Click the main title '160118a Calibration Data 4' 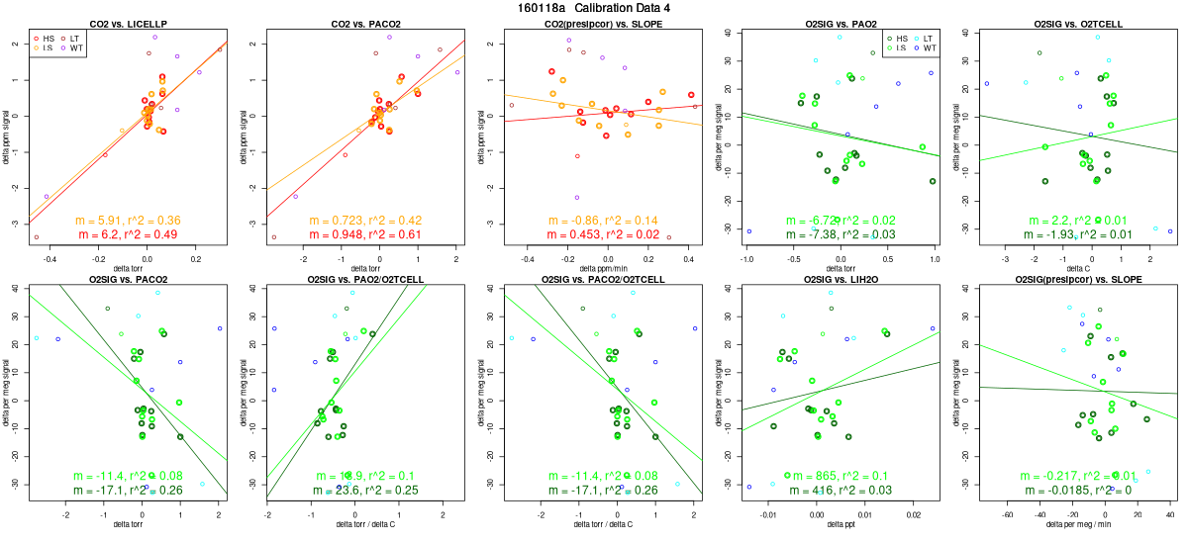tap(593, 8)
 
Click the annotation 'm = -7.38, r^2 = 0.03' tap(835, 233)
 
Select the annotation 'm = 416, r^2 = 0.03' tap(835, 491)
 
